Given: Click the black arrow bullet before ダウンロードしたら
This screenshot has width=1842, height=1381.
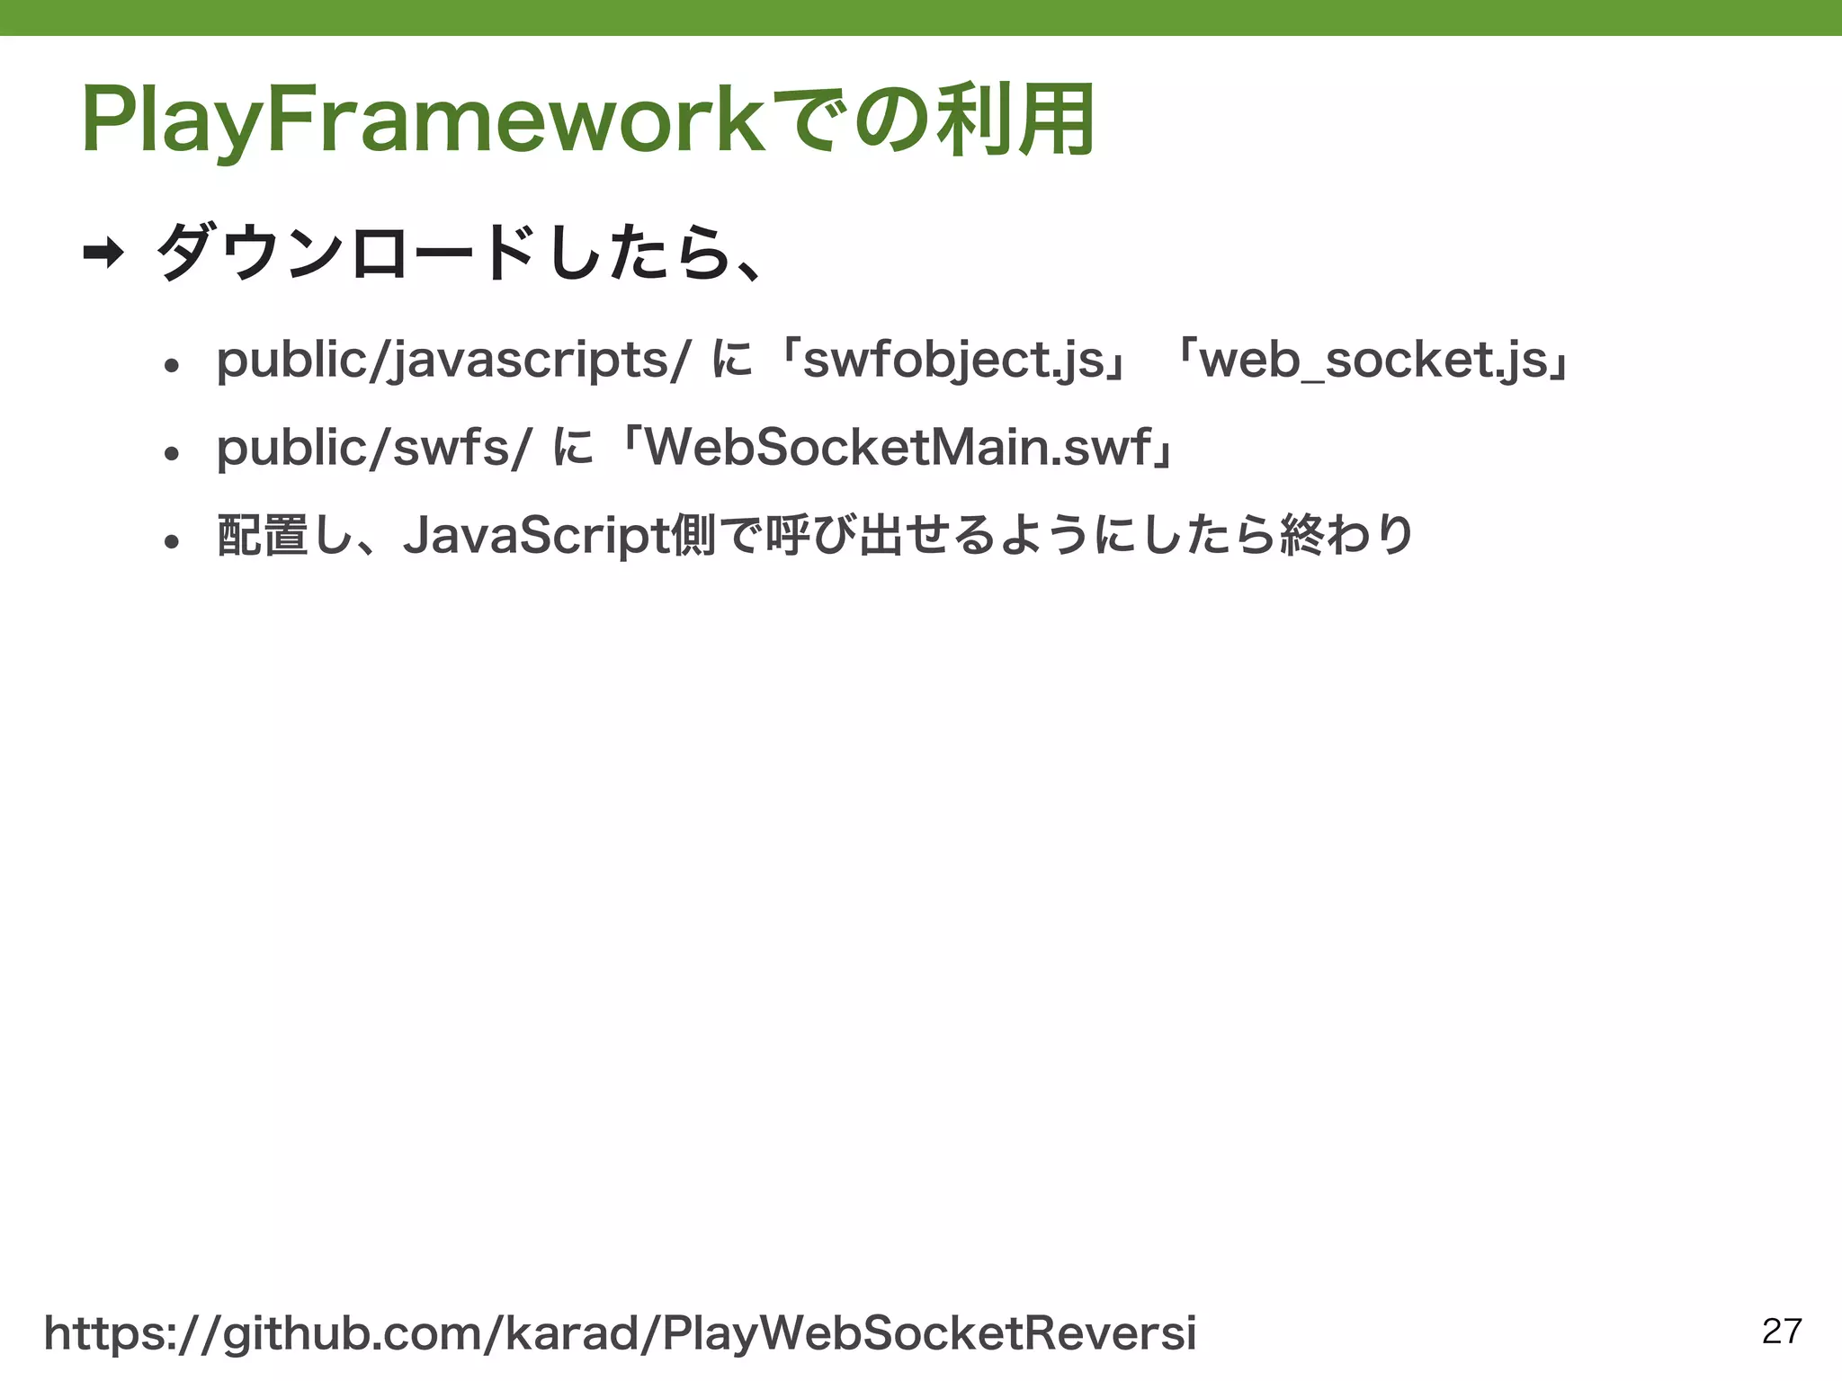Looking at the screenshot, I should (103, 254).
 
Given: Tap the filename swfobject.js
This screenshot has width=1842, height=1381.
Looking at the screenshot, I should (952, 361).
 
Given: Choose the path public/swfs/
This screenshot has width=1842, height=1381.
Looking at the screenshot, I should (374, 448).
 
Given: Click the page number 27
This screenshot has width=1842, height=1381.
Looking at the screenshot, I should (1782, 1332).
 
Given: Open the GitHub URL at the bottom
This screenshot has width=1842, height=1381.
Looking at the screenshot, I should (620, 1333).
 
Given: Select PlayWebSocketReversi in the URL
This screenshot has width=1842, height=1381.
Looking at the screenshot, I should (929, 1332).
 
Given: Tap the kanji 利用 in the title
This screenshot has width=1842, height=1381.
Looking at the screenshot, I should (1015, 120).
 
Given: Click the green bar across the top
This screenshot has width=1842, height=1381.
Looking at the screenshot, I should (921, 17).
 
